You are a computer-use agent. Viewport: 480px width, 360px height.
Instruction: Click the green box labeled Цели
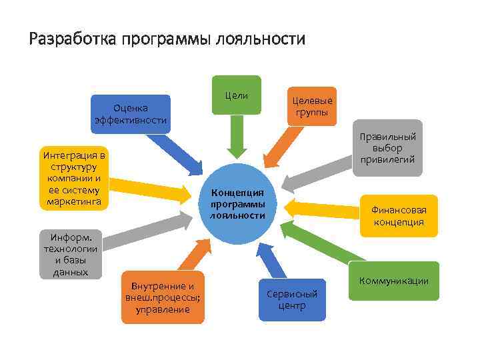coord(237,95)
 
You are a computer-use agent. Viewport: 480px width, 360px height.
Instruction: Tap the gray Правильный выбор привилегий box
coord(387,147)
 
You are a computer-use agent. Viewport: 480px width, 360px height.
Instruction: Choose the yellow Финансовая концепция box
coord(399,215)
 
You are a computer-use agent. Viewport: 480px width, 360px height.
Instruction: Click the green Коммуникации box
coord(393,281)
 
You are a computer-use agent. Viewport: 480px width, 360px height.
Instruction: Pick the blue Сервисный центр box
coord(292,299)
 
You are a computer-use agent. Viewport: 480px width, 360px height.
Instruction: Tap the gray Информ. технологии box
coord(71,254)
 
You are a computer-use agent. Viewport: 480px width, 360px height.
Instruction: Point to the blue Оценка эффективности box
coord(131,113)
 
